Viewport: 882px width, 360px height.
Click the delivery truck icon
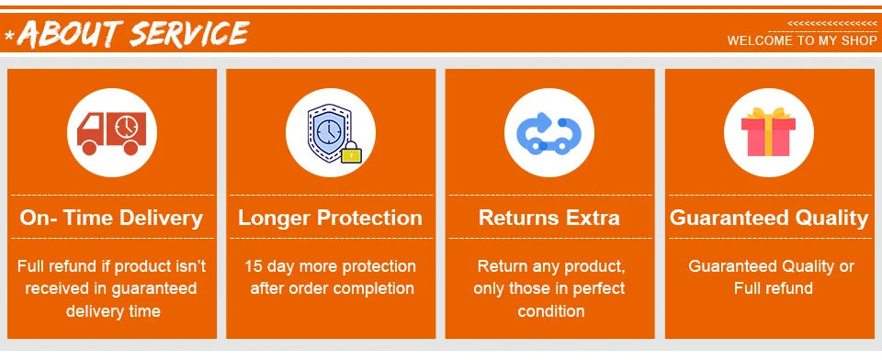tap(111, 133)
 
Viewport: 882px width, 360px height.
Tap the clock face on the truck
tap(127, 127)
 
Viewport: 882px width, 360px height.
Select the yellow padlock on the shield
tap(351, 152)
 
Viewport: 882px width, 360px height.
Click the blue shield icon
tap(330, 133)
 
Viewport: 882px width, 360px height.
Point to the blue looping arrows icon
tap(548, 133)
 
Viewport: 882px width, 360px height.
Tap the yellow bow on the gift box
tap(768, 113)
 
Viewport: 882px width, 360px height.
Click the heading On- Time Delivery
tap(111, 218)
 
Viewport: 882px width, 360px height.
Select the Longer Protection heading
tap(330, 218)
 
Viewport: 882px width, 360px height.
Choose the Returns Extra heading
tap(549, 218)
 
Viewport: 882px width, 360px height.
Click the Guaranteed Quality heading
tap(769, 218)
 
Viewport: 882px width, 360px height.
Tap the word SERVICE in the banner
tap(189, 33)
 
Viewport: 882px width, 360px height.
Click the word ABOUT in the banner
tap(70, 34)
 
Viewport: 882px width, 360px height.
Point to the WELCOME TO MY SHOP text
tap(801, 40)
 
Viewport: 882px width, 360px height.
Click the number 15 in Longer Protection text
tap(254, 266)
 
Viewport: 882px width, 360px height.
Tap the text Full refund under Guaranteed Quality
tap(773, 288)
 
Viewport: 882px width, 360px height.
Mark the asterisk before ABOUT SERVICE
tap(9, 36)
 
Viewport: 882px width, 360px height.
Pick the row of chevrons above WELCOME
tap(832, 24)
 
